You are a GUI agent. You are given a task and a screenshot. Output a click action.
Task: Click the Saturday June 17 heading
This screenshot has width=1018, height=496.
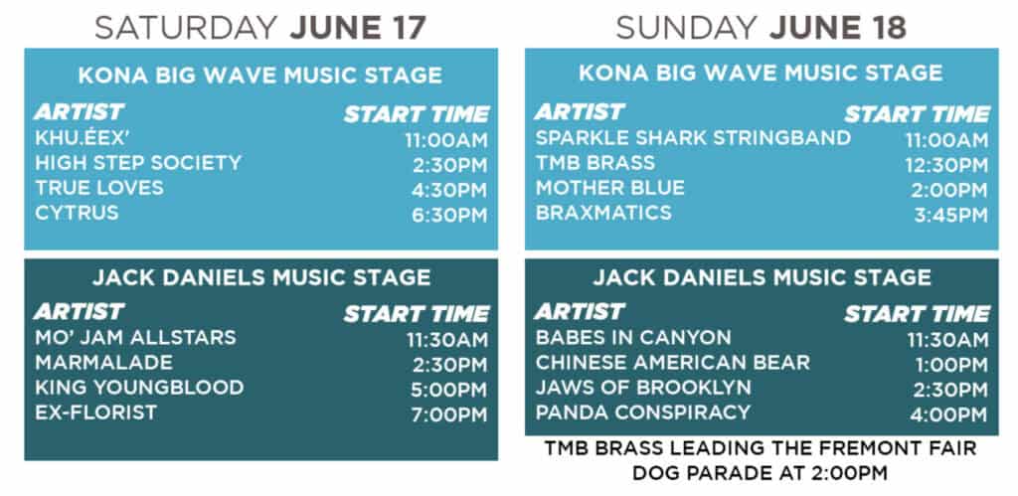[260, 28]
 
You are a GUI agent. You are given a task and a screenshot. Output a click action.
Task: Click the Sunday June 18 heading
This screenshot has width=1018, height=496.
[761, 28]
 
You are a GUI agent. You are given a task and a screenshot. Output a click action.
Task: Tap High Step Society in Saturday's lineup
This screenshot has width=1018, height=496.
[138, 163]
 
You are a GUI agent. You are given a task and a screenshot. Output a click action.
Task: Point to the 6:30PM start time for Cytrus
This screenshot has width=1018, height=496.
[449, 216]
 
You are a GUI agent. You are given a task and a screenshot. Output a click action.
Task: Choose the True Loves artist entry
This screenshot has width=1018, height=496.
[99, 188]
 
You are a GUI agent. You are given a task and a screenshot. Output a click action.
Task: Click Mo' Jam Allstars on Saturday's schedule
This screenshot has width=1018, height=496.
[135, 338]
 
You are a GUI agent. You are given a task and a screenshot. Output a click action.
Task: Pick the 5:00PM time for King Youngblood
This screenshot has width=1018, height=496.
[448, 391]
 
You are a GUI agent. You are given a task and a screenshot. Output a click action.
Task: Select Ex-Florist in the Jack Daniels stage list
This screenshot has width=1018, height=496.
[96, 413]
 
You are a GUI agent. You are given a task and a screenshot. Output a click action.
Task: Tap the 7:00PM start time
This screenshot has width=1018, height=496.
[449, 415]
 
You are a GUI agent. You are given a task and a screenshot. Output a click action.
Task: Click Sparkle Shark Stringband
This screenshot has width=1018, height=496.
[693, 138]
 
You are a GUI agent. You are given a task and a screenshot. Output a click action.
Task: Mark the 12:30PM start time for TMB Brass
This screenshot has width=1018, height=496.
[946, 166]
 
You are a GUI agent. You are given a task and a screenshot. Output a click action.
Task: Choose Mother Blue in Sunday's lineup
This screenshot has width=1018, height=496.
[610, 188]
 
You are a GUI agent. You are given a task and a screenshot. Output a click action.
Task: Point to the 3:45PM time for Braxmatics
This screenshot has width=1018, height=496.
[951, 216]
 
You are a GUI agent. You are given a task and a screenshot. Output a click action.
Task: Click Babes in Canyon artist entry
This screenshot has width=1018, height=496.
[633, 338]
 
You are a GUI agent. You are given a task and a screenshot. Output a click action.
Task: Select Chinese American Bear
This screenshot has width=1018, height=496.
[673, 363]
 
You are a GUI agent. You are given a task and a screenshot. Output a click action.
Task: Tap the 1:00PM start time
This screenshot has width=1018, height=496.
[951, 366]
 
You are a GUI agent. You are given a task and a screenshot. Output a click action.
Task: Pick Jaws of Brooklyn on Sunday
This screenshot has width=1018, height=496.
[643, 388]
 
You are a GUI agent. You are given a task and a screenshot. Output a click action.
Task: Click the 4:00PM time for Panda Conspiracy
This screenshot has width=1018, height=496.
[948, 415]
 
